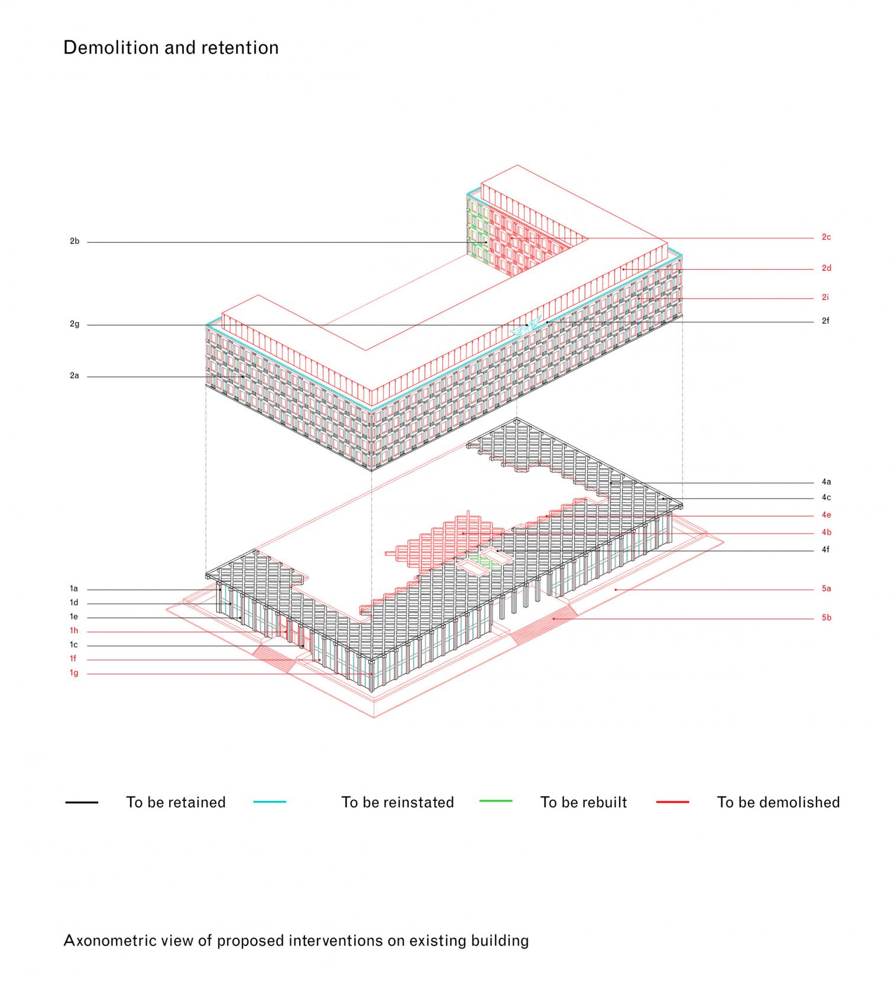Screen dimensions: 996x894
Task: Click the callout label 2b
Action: tap(74, 241)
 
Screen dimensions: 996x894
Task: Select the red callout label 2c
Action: tap(826, 237)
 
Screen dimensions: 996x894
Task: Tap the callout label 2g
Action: tap(74, 324)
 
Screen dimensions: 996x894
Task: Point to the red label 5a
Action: tap(826, 588)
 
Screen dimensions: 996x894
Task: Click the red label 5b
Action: tap(826, 617)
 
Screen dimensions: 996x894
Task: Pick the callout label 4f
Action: tap(825, 549)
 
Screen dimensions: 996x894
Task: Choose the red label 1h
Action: tap(74, 630)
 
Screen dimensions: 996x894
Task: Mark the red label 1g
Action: tap(74, 672)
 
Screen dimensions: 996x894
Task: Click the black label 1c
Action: tap(74, 645)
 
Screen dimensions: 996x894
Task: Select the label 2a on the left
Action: tap(74, 376)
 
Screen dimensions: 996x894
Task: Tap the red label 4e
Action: tap(826, 515)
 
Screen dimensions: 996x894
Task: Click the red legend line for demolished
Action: tap(672, 802)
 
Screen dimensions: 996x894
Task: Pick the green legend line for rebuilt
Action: tap(495, 801)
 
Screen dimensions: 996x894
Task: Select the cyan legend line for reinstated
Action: tap(270, 802)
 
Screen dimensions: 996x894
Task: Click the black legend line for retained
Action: tap(82, 802)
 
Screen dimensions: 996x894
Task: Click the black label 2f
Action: tap(825, 321)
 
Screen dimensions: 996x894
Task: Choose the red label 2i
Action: tap(825, 297)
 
